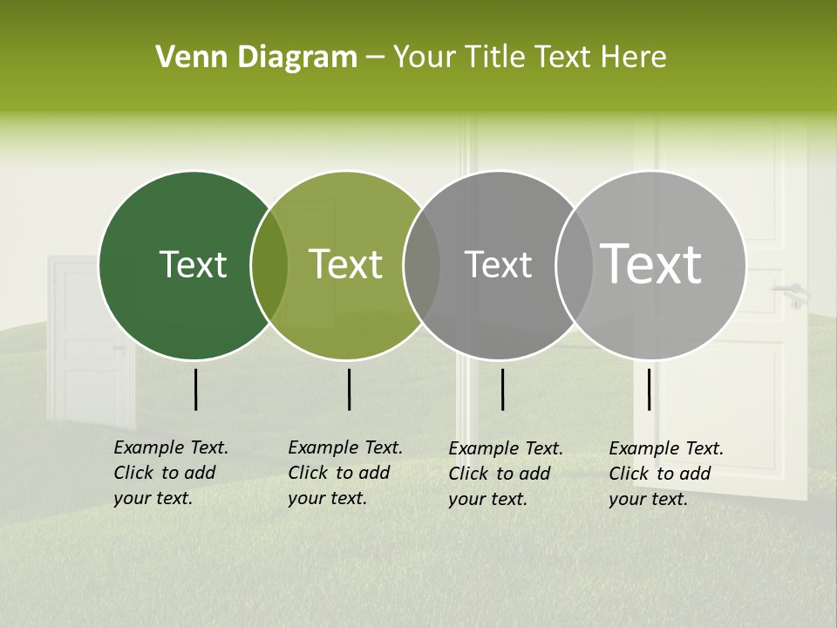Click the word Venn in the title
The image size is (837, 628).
tap(186, 58)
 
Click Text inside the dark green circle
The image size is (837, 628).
tap(193, 264)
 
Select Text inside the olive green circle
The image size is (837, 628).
tap(346, 264)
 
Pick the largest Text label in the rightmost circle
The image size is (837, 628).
tap(651, 264)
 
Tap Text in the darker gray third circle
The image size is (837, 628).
tap(498, 264)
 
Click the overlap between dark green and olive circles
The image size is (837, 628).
tap(269, 265)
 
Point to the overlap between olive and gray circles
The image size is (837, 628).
tap(422, 265)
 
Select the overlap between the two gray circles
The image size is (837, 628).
tap(575, 265)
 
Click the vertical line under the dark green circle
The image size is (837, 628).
tap(195, 389)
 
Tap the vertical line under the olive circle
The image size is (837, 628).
tap(349, 389)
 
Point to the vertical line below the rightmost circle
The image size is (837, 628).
tap(649, 389)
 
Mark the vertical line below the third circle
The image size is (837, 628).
tap(502, 389)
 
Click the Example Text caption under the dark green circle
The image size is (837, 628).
tap(171, 473)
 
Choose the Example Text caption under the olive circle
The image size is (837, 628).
tap(345, 473)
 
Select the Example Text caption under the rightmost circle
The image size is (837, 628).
tap(666, 474)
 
